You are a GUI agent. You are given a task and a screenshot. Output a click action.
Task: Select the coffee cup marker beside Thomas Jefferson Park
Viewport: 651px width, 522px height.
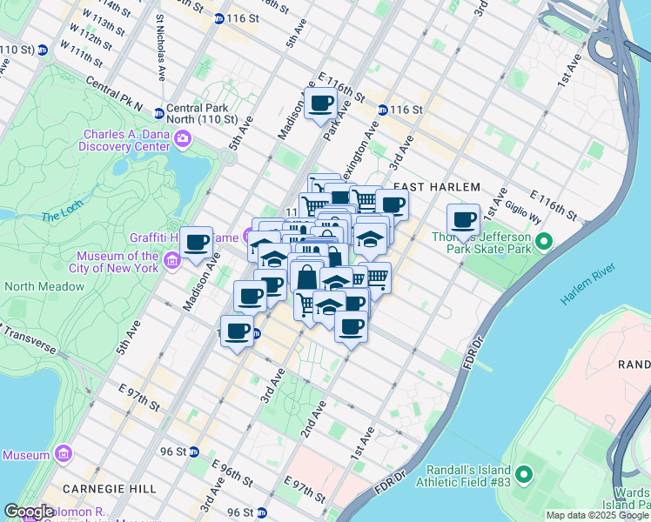click(463, 220)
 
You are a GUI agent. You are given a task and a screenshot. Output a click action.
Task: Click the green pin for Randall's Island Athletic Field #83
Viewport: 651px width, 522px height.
click(523, 475)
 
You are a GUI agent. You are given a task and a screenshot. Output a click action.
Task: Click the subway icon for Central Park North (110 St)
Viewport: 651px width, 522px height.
click(159, 112)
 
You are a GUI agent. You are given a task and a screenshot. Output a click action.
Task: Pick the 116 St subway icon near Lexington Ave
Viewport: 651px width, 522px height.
click(382, 110)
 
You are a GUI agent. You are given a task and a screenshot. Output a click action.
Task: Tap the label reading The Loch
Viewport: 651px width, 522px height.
click(61, 215)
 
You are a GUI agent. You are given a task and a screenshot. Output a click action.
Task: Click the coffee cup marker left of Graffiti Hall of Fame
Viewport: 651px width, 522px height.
click(197, 243)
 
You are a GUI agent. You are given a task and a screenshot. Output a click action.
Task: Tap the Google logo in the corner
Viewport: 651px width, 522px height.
click(30, 512)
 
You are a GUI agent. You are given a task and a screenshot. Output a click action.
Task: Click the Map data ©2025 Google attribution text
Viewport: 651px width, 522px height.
click(596, 515)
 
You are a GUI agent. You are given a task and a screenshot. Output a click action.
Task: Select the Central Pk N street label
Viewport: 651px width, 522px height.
click(113, 93)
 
